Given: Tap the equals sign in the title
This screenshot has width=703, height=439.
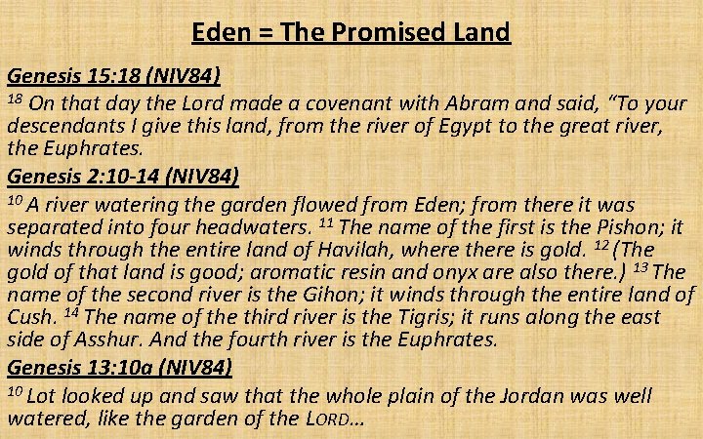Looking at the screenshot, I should (262, 33).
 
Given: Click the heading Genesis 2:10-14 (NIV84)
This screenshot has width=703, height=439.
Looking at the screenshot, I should (122, 178).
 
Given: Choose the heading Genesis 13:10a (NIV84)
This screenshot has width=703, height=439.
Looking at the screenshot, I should (119, 368).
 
